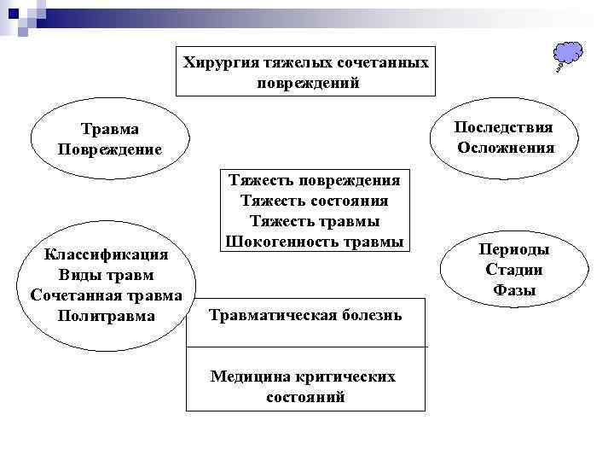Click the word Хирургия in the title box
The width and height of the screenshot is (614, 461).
click(214, 63)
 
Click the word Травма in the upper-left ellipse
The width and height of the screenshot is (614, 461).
click(109, 129)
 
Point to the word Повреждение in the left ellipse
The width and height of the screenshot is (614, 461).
click(109, 149)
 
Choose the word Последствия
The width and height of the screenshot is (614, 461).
click(503, 127)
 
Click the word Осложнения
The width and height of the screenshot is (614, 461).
click(506, 147)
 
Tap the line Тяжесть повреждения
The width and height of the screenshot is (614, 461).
click(315, 181)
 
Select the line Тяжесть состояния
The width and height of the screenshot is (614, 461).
click(315, 201)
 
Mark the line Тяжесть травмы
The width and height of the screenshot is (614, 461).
click(315, 221)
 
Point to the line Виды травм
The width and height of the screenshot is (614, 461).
click(107, 275)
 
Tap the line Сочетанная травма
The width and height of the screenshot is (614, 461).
click(106, 295)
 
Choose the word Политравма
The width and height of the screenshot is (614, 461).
click(107, 316)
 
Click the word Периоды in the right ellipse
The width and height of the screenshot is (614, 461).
click(513, 249)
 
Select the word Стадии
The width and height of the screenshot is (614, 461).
click(513, 270)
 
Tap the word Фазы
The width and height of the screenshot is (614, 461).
click(513, 290)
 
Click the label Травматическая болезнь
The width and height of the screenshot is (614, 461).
click(305, 315)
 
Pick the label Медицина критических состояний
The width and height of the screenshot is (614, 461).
click(304, 387)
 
